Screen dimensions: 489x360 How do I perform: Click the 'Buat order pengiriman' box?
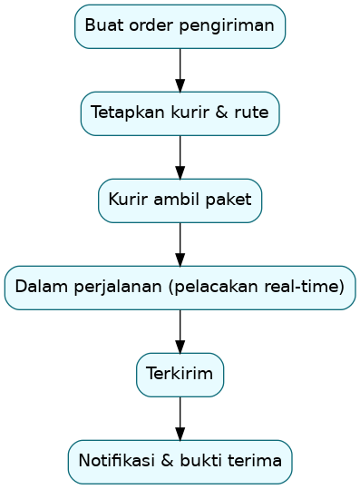click(x=180, y=26)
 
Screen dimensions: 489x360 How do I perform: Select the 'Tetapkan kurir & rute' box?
click(x=180, y=113)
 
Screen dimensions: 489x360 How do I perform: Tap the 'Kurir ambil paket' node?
click(x=180, y=200)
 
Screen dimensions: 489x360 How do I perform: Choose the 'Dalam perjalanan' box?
click(x=180, y=288)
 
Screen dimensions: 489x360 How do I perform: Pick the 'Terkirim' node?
click(x=180, y=375)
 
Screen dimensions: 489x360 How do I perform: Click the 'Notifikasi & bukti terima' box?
click(x=180, y=462)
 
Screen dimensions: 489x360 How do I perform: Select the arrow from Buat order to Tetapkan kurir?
click(x=180, y=70)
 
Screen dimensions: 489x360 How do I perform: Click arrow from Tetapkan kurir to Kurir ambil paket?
click(x=180, y=157)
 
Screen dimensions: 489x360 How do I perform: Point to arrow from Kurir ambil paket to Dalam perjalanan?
click(x=180, y=244)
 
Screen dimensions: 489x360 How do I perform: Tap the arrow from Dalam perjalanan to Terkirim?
click(x=180, y=331)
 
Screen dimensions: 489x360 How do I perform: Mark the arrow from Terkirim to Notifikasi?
click(x=180, y=418)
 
